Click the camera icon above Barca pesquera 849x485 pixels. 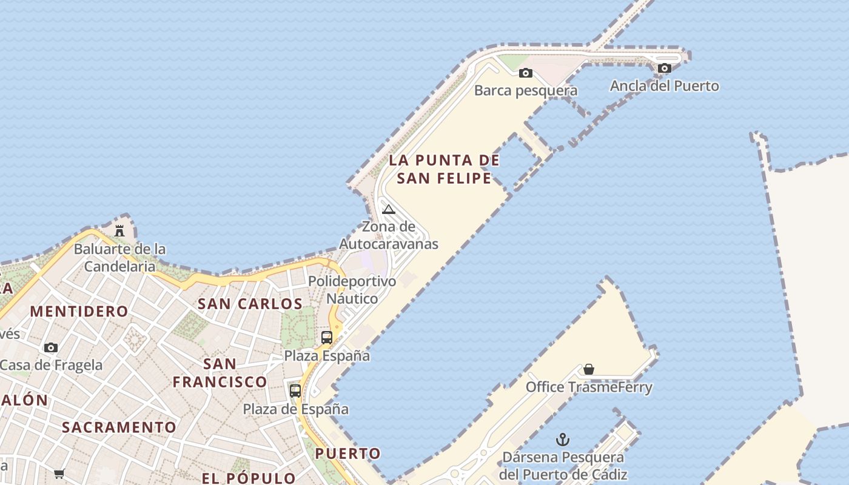pos(526,73)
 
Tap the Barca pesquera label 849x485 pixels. pos(526,91)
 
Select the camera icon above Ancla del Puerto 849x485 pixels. pos(665,69)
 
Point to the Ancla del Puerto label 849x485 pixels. pos(665,86)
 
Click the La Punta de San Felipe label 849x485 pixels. pos(445,169)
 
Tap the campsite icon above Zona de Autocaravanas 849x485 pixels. pos(389,210)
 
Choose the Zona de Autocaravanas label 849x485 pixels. pos(389,236)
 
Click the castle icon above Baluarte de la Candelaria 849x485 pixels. pos(119,231)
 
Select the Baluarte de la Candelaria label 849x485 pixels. pos(119,258)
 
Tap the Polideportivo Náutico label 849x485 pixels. pos(352,290)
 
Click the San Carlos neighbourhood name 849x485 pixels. pos(250,304)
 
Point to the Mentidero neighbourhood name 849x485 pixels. pos(79,312)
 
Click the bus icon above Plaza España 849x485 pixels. pos(327,338)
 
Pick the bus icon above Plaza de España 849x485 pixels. pos(295,391)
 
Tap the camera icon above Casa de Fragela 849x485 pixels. pos(51,348)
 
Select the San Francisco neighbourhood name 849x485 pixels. pos(220,373)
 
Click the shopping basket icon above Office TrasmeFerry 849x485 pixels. pos(588,369)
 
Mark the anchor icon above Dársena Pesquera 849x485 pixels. pos(563,440)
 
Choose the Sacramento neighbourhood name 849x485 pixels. pos(119,427)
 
